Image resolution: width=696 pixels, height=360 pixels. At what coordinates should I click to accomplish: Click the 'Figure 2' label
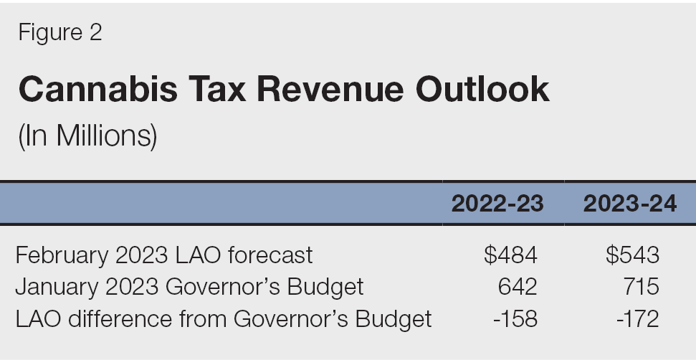pyautogui.click(x=60, y=32)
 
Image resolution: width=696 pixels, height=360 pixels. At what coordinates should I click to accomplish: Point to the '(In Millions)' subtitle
pyautogui.click(x=87, y=136)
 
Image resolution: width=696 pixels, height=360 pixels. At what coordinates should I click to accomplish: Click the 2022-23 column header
pyautogui.click(x=497, y=204)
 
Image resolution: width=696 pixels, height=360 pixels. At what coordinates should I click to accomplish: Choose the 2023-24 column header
pyautogui.click(x=629, y=204)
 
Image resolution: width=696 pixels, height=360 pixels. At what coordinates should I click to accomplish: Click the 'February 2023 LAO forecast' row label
pyautogui.click(x=164, y=255)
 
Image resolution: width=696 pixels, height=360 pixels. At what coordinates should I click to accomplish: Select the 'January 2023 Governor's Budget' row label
pyautogui.click(x=189, y=287)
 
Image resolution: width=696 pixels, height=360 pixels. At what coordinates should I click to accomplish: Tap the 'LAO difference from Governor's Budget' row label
pyautogui.click(x=224, y=318)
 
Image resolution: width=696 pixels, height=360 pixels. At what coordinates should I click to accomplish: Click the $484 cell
pyautogui.click(x=510, y=255)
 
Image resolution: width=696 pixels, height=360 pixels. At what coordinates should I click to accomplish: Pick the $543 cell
pyautogui.click(x=631, y=255)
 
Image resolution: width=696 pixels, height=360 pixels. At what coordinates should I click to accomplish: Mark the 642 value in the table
pyautogui.click(x=517, y=287)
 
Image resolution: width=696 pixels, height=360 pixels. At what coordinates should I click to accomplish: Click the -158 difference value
pyautogui.click(x=514, y=318)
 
